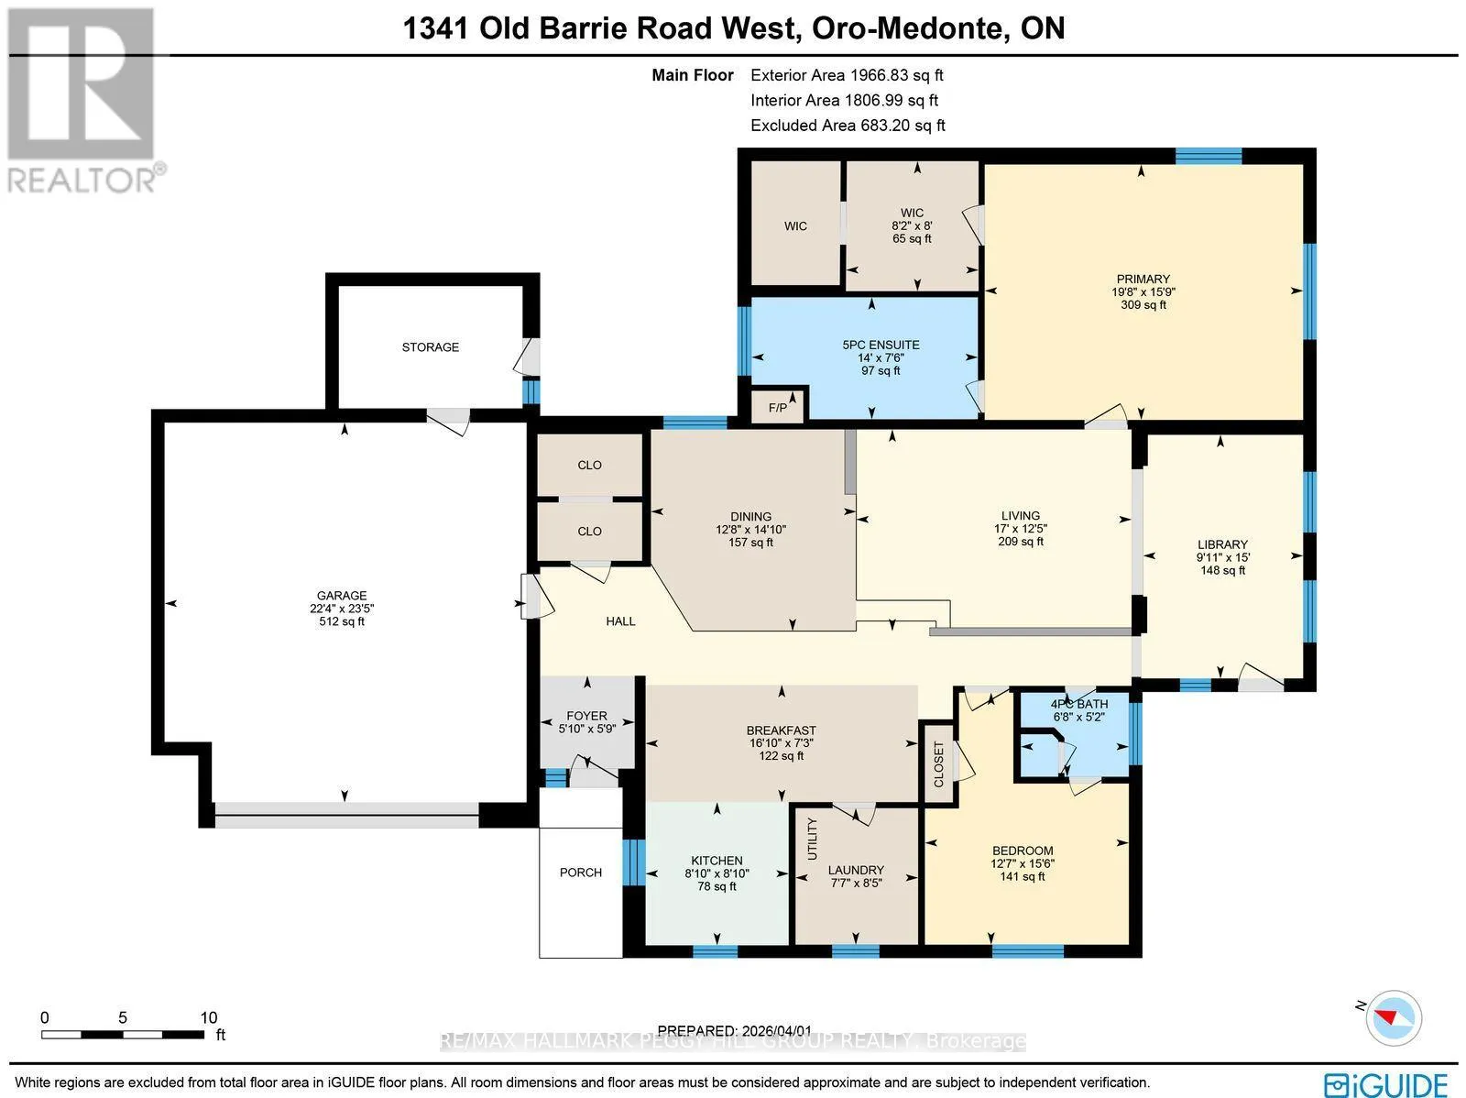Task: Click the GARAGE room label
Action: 341,595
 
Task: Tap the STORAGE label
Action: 430,347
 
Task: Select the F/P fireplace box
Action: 778,407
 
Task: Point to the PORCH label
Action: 580,873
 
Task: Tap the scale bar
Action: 123,1035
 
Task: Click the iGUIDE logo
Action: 1385,1083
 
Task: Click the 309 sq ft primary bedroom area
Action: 1143,305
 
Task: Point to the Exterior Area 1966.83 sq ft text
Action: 847,75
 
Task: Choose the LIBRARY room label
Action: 1222,544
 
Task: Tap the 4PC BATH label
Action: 1079,704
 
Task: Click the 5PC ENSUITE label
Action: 881,345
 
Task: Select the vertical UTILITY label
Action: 812,839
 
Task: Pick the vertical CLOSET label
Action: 938,764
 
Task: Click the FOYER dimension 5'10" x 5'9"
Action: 587,729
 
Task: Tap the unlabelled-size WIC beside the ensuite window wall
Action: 795,226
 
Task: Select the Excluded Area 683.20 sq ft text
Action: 848,126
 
